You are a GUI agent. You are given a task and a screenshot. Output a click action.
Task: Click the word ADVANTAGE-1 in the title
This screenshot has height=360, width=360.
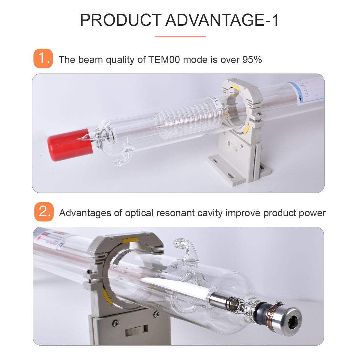point(222,20)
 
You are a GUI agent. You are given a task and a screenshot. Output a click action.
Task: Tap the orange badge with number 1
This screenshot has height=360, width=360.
point(43,58)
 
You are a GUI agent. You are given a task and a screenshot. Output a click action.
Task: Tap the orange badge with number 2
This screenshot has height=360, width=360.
point(44,212)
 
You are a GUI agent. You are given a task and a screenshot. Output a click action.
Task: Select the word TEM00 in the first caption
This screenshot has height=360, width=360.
point(164,59)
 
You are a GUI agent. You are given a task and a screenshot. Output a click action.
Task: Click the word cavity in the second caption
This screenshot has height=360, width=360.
point(210,213)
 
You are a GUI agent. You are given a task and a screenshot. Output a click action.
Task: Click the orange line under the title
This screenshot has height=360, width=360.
point(180,37)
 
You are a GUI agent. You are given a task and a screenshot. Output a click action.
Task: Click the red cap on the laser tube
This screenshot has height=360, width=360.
point(70,145)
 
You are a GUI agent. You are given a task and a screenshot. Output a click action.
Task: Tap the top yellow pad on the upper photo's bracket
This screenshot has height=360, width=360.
point(236,88)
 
